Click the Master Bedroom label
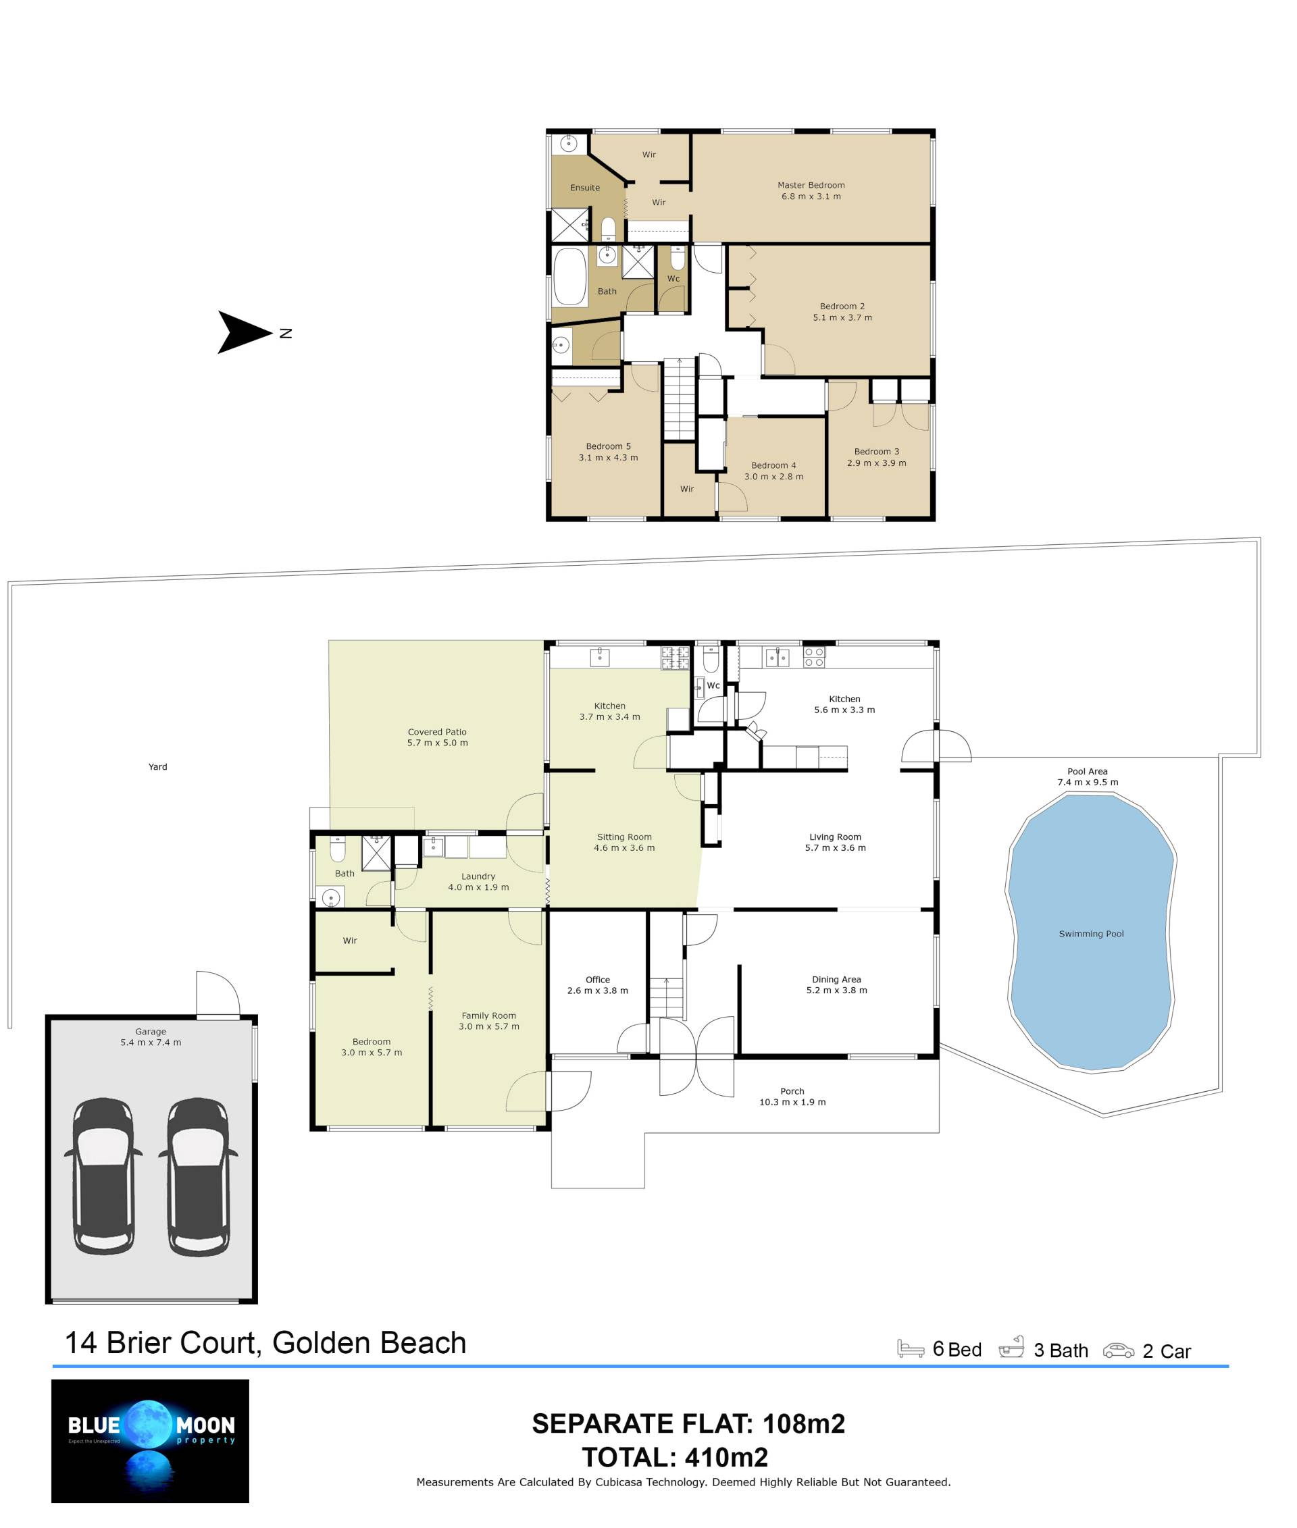tap(811, 185)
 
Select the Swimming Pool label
tap(1091, 934)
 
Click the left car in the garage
tap(103, 1177)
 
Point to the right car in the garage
tap(198, 1177)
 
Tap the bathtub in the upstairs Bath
tap(570, 276)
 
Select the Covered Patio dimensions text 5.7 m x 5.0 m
tap(438, 742)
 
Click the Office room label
tap(598, 980)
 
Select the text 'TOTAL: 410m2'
tap(675, 1458)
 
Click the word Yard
tap(158, 766)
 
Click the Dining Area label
tap(836, 979)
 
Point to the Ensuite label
tap(584, 188)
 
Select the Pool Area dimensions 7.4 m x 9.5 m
tap(1088, 782)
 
